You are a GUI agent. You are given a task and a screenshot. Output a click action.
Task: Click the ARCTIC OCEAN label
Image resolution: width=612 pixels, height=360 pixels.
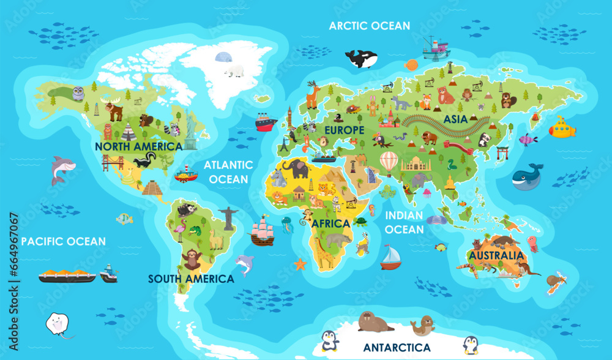(x=370, y=26)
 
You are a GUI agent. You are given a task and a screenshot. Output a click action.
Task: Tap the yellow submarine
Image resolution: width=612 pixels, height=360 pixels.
(x=561, y=129)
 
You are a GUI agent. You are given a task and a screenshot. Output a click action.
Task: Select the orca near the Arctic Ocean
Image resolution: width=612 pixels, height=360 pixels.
(x=361, y=59)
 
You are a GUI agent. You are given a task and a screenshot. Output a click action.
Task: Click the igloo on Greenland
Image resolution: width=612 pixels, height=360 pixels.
(x=223, y=57)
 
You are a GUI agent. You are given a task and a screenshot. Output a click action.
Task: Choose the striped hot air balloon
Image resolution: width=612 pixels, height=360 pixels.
(x=389, y=163)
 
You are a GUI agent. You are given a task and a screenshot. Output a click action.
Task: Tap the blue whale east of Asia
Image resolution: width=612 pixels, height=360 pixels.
(x=527, y=176)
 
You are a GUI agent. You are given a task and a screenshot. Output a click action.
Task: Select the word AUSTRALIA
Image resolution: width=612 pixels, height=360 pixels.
(x=496, y=255)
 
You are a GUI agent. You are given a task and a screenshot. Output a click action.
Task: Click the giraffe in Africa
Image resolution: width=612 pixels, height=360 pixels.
(x=322, y=251)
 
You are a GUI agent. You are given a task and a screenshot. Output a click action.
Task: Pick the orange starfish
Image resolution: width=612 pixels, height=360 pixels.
(x=299, y=264)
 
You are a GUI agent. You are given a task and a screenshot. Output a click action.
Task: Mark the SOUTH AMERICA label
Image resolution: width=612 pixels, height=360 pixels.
(x=191, y=279)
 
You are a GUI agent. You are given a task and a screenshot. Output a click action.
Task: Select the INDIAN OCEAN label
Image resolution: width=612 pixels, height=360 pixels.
(x=405, y=222)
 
